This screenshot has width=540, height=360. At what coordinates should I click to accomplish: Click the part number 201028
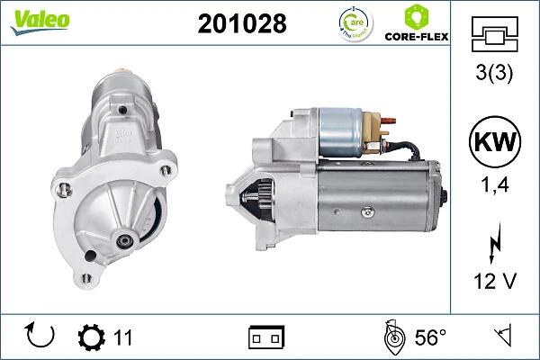pos(241,24)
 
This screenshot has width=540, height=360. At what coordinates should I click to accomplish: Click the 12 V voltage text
pos(494,281)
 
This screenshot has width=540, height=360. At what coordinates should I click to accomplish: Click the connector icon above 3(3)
pos(494,35)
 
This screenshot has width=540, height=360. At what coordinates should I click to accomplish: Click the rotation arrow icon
pos(40,337)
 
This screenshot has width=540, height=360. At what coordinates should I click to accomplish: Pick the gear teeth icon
pos(91,337)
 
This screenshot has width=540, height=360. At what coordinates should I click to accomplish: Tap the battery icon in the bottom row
pos(265,337)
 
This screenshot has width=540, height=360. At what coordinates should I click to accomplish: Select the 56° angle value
pos(430,337)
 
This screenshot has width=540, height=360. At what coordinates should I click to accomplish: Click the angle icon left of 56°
pos(392,337)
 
